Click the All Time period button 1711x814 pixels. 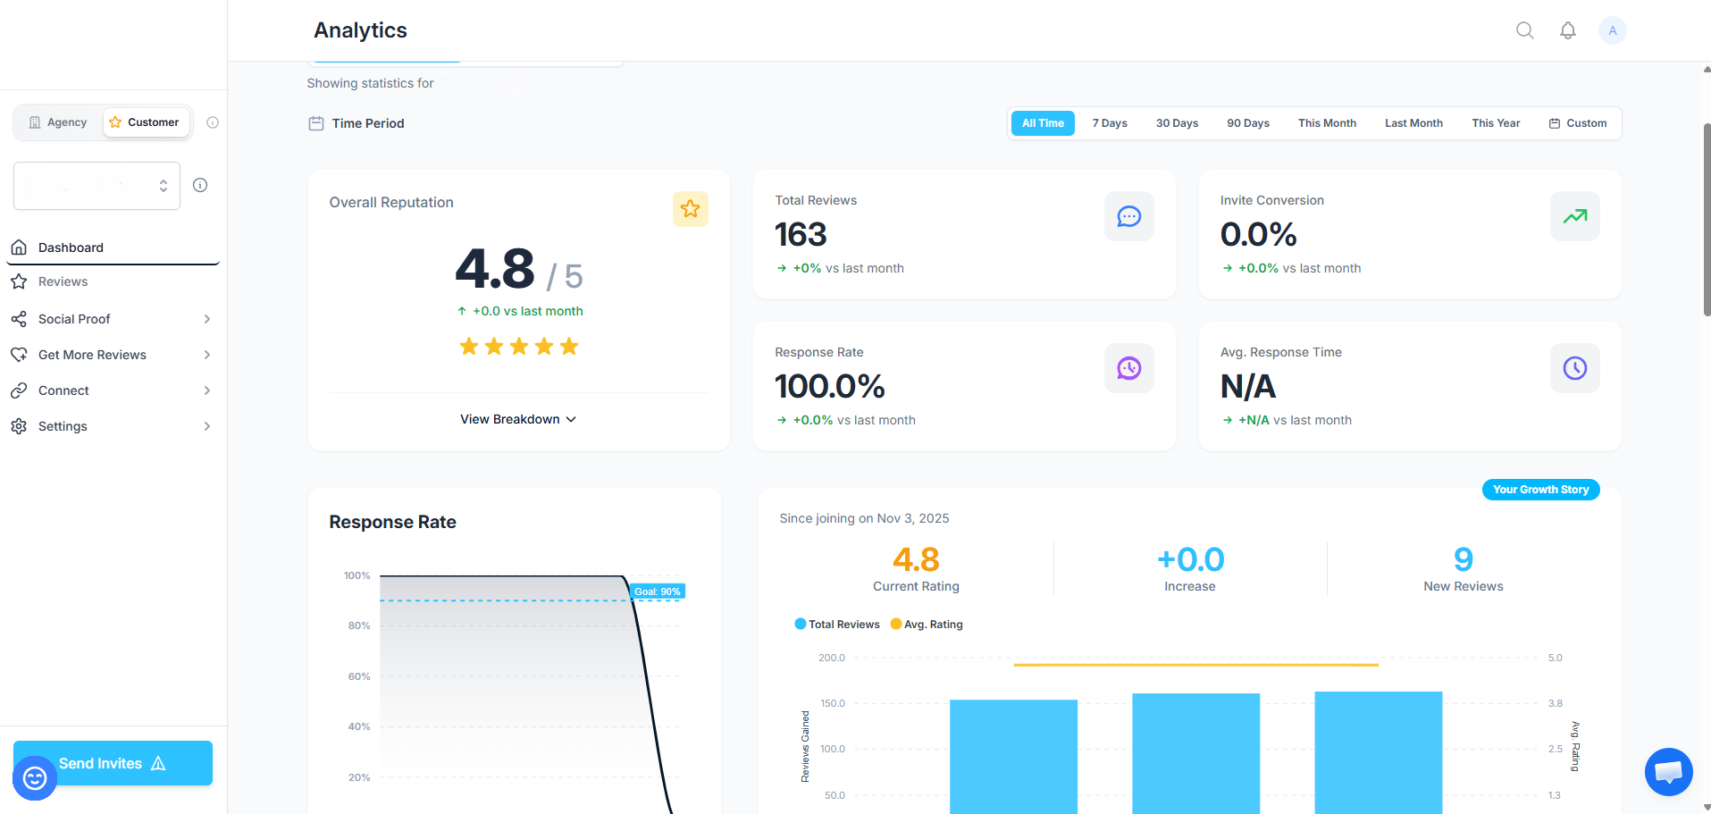click(1043, 123)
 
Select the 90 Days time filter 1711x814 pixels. click(1247, 123)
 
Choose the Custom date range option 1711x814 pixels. click(1578, 123)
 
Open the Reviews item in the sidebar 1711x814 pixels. click(63, 281)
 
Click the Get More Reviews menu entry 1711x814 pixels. click(92, 355)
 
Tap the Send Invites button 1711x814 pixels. click(113, 763)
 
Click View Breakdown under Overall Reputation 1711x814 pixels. click(518, 419)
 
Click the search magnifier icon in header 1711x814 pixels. click(1525, 30)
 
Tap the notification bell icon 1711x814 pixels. click(1568, 30)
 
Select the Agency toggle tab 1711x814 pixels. click(58, 122)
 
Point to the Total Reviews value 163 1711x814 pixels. click(801, 235)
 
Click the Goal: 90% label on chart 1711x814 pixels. click(658, 592)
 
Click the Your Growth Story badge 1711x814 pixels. click(1540, 490)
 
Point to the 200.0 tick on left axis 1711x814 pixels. click(831, 658)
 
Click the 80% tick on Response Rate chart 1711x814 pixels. click(359, 625)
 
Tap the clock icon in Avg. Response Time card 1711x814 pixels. click(1574, 368)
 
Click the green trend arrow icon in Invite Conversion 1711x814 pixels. click(1574, 216)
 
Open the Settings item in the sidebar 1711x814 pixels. click(63, 426)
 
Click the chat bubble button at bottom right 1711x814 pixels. click(1668, 772)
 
